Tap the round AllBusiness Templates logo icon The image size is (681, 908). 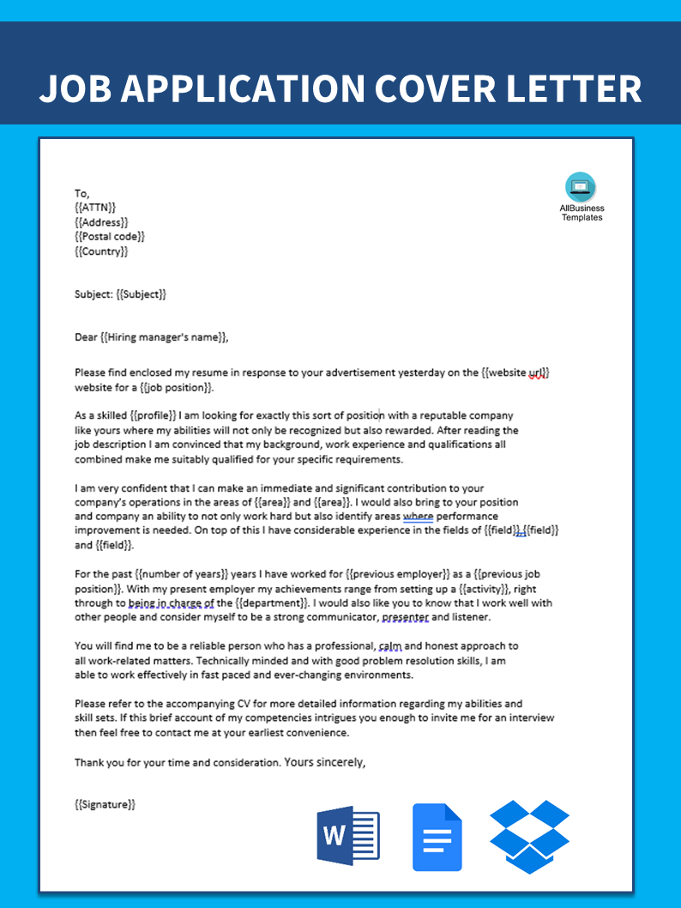581,187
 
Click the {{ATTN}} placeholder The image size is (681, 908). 95,208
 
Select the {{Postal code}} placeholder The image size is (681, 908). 110,237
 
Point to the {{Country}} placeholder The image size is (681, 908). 101,251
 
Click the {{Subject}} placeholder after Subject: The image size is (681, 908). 141,294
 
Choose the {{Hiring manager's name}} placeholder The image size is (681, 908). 164,337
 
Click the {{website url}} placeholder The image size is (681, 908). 515,373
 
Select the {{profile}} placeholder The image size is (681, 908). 150,415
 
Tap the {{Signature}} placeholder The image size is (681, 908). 105,804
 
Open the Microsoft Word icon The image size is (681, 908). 347,836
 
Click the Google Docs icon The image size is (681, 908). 437,837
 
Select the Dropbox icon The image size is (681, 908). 529,836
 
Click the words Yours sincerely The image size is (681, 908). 324,761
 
